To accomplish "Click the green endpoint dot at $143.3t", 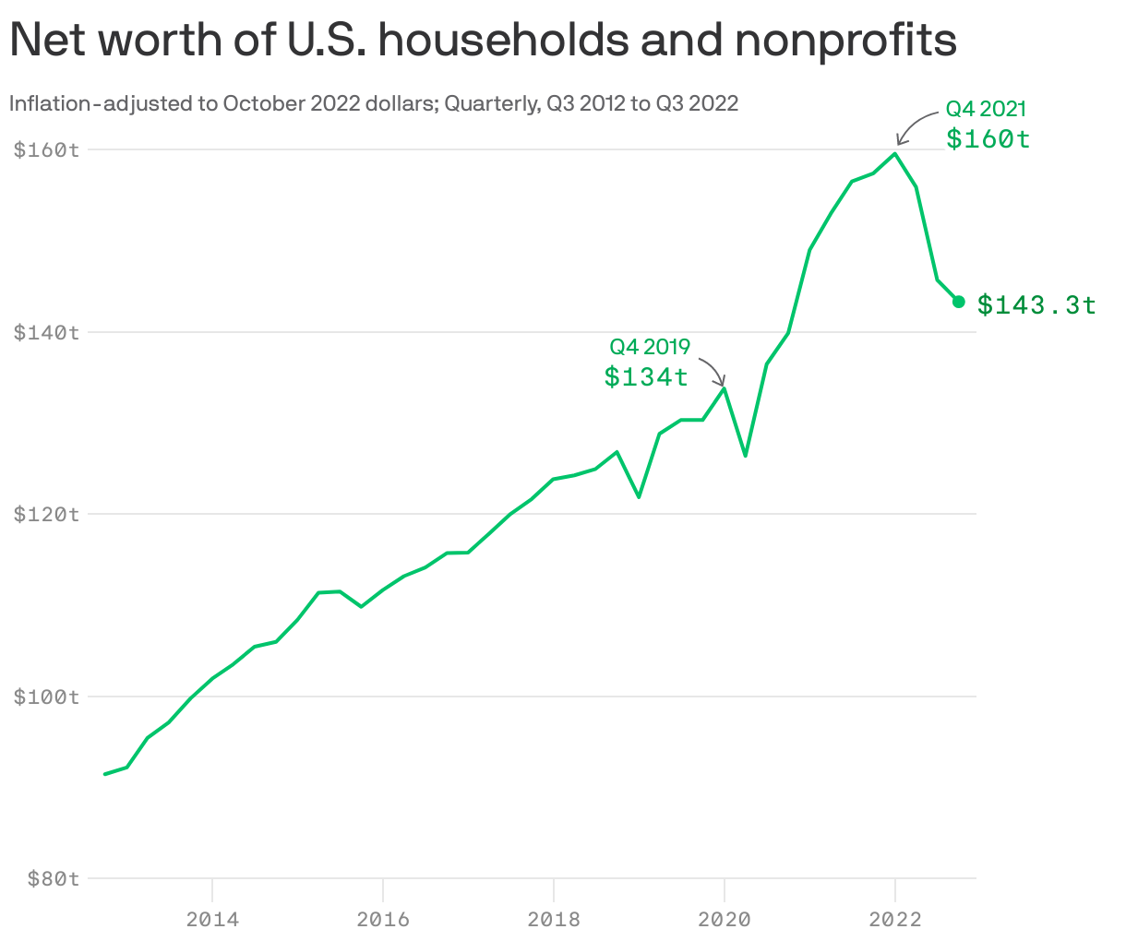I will point(958,302).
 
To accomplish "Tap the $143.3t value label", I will point(1036,304).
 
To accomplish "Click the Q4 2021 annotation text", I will point(986,110).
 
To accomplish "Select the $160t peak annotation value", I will point(988,139).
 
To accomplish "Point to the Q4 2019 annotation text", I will point(650,347).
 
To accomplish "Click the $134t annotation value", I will point(646,376).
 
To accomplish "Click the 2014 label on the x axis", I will point(212,919).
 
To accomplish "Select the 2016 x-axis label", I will point(383,919).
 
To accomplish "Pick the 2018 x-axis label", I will point(554,919).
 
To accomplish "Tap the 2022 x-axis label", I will point(895,919).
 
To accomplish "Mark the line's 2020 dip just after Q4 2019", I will point(745,455).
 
